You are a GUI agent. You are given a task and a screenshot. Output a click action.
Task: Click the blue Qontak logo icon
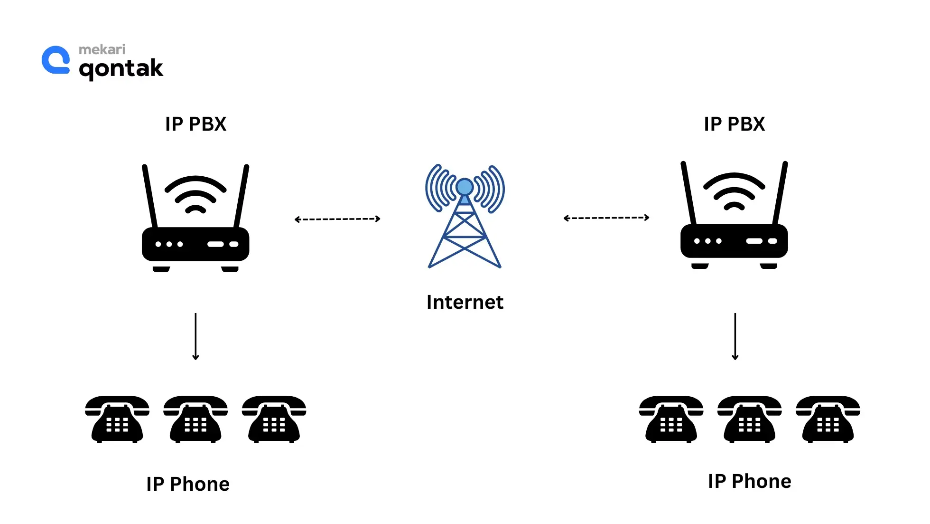[x=56, y=60]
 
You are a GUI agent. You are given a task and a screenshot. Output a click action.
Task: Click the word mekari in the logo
[x=102, y=49]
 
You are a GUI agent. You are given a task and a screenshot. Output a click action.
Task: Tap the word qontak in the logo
[x=121, y=69]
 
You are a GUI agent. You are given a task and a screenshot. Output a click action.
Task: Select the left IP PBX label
[x=195, y=124]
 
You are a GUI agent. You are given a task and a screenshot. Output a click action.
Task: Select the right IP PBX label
[x=734, y=124]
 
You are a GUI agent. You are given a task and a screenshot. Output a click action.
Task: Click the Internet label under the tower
[x=465, y=302]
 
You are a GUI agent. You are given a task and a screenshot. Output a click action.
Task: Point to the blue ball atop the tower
[x=465, y=187]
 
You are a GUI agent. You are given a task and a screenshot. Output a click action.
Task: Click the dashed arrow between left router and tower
[x=337, y=219]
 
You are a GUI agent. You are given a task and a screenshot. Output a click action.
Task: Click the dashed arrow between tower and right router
[x=606, y=218]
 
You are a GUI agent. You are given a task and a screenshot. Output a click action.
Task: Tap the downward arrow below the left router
[x=195, y=336]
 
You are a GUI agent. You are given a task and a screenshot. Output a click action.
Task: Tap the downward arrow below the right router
[x=735, y=336]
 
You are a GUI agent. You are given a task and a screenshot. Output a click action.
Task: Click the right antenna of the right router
[x=780, y=193]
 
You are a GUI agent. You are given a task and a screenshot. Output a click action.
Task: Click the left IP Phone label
[x=188, y=484]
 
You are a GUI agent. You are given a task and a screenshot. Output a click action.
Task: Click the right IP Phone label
[x=749, y=481]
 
